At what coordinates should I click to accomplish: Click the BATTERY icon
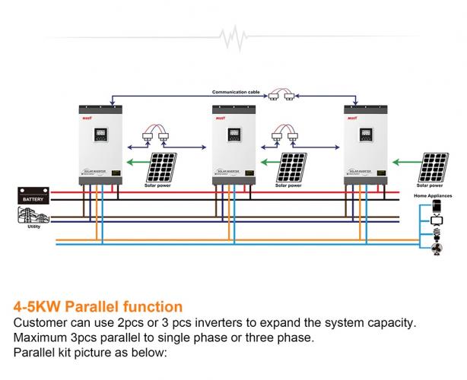[x=33, y=196]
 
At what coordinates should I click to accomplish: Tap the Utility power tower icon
[x=30, y=215]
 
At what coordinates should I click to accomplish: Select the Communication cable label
[x=236, y=91]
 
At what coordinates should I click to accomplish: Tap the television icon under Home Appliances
[x=437, y=220]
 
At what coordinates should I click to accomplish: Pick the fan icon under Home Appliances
[x=437, y=249]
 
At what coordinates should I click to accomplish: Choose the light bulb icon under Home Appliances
[x=437, y=235]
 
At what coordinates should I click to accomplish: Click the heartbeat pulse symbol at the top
[x=233, y=36]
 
